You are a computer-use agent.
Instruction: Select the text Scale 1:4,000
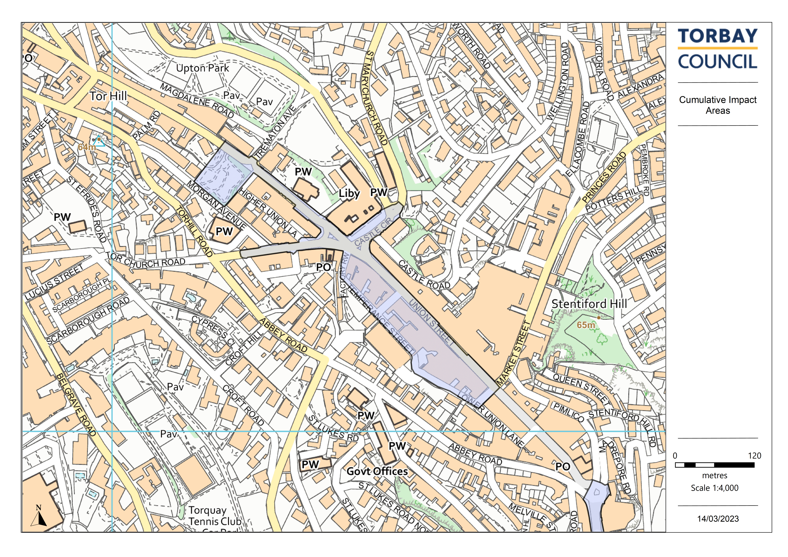(714, 488)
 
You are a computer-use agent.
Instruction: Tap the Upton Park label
(202, 68)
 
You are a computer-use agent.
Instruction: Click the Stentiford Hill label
(589, 304)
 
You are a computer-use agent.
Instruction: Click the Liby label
(349, 194)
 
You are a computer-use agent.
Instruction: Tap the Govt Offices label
(377, 471)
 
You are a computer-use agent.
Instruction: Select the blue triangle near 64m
(99, 141)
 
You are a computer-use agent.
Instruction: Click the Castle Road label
(424, 275)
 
